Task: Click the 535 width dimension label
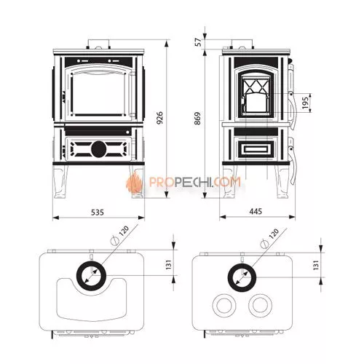click(x=98, y=213)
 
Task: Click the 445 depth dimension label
click(x=256, y=211)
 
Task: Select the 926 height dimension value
click(x=159, y=118)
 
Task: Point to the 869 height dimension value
click(x=197, y=119)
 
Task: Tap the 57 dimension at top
click(x=199, y=42)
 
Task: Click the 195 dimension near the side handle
click(x=306, y=103)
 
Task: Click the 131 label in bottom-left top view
click(x=168, y=264)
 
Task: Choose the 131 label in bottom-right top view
click(x=315, y=265)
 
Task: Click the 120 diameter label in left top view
click(x=124, y=232)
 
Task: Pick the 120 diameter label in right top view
click(x=274, y=234)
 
